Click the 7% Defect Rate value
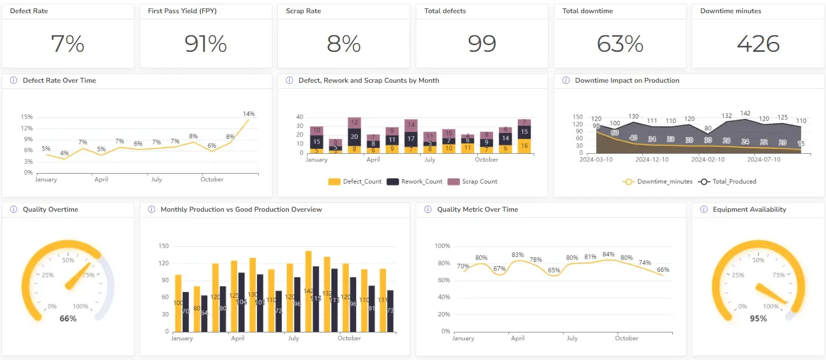[67, 44]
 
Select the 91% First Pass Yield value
[206, 44]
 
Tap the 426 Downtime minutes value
[758, 44]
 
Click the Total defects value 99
[482, 44]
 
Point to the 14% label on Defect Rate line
[249, 114]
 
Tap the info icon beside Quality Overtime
[13, 209]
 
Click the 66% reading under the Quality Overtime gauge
[68, 319]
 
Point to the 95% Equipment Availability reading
[758, 319]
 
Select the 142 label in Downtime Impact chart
[745, 114]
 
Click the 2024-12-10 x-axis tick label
[652, 160]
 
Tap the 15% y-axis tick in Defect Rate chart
[26, 117]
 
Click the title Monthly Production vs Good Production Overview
[241, 209]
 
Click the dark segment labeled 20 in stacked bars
[355, 137]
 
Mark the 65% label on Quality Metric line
[554, 270]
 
